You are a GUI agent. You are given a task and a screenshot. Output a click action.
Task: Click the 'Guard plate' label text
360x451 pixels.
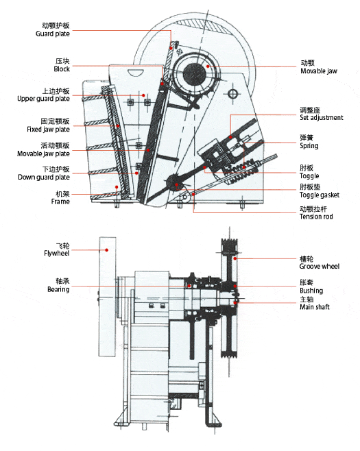tap(53, 34)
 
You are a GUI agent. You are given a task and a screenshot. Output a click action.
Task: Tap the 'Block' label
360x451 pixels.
tap(62, 69)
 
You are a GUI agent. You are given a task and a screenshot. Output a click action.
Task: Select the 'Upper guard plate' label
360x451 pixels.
tap(43, 99)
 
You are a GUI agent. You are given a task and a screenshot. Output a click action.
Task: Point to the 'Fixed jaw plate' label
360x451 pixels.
tap(49, 130)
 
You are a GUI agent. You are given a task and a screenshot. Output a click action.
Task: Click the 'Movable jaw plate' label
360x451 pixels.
tap(43, 154)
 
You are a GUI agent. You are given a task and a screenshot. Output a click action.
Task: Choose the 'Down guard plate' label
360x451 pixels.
tap(44, 177)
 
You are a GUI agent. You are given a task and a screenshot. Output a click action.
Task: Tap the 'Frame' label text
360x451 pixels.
tap(60, 202)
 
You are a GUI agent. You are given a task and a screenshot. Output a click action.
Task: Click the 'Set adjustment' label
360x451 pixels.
tap(322, 117)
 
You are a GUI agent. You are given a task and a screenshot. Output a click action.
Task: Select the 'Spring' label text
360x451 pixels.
tap(309, 146)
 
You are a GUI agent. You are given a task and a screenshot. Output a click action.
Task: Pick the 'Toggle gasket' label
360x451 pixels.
tap(320, 195)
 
